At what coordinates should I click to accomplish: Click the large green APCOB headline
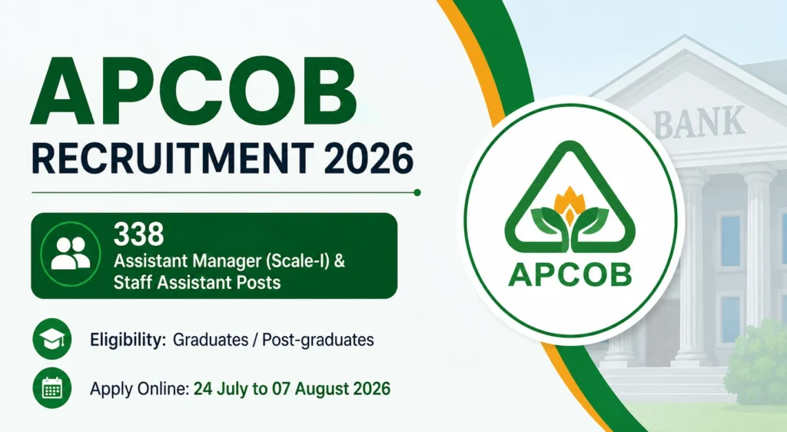(x=194, y=90)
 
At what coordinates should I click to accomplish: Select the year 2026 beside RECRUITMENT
(x=369, y=158)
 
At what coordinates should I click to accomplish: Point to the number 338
(x=138, y=234)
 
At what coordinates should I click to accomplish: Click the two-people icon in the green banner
(x=70, y=254)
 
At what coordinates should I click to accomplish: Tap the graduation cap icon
(x=51, y=339)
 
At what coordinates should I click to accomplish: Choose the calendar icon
(x=51, y=388)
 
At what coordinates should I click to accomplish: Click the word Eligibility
(x=128, y=340)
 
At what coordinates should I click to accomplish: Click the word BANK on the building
(x=699, y=122)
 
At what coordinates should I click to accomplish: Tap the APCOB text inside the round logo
(x=569, y=274)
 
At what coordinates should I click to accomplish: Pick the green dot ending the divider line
(x=417, y=192)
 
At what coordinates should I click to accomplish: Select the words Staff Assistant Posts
(x=197, y=282)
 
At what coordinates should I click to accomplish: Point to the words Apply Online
(x=139, y=390)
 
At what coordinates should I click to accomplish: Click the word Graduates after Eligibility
(x=211, y=340)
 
